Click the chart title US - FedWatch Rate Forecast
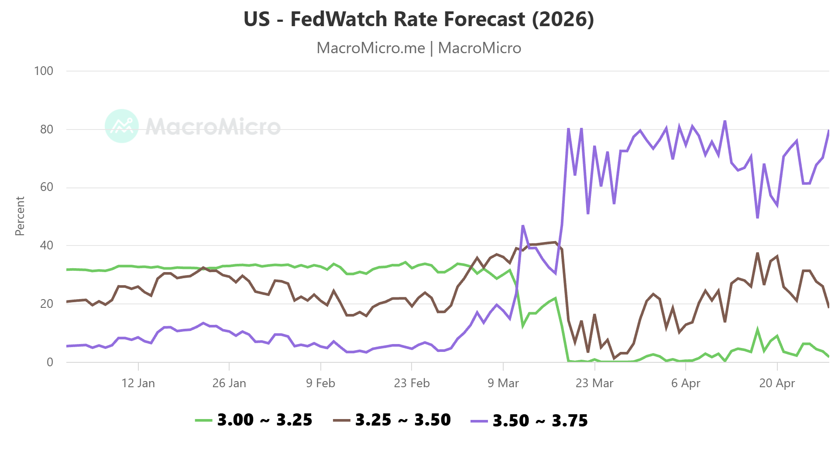coord(419,19)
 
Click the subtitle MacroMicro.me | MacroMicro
coord(419,48)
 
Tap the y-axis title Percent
coord(20,216)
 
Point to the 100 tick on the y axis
coord(44,71)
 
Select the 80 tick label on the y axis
coord(46,130)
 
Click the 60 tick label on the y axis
coord(46,187)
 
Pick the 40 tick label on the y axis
coord(46,245)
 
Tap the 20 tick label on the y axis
coord(46,304)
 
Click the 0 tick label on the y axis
coord(50,362)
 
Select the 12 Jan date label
coord(138,383)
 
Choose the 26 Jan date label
coord(229,383)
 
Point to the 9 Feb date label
coord(320,383)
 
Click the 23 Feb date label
coord(412,383)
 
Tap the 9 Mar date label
coord(503,383)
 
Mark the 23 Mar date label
coord(594,383)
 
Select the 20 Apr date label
coord(777,383)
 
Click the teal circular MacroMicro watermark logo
coord(122,126)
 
